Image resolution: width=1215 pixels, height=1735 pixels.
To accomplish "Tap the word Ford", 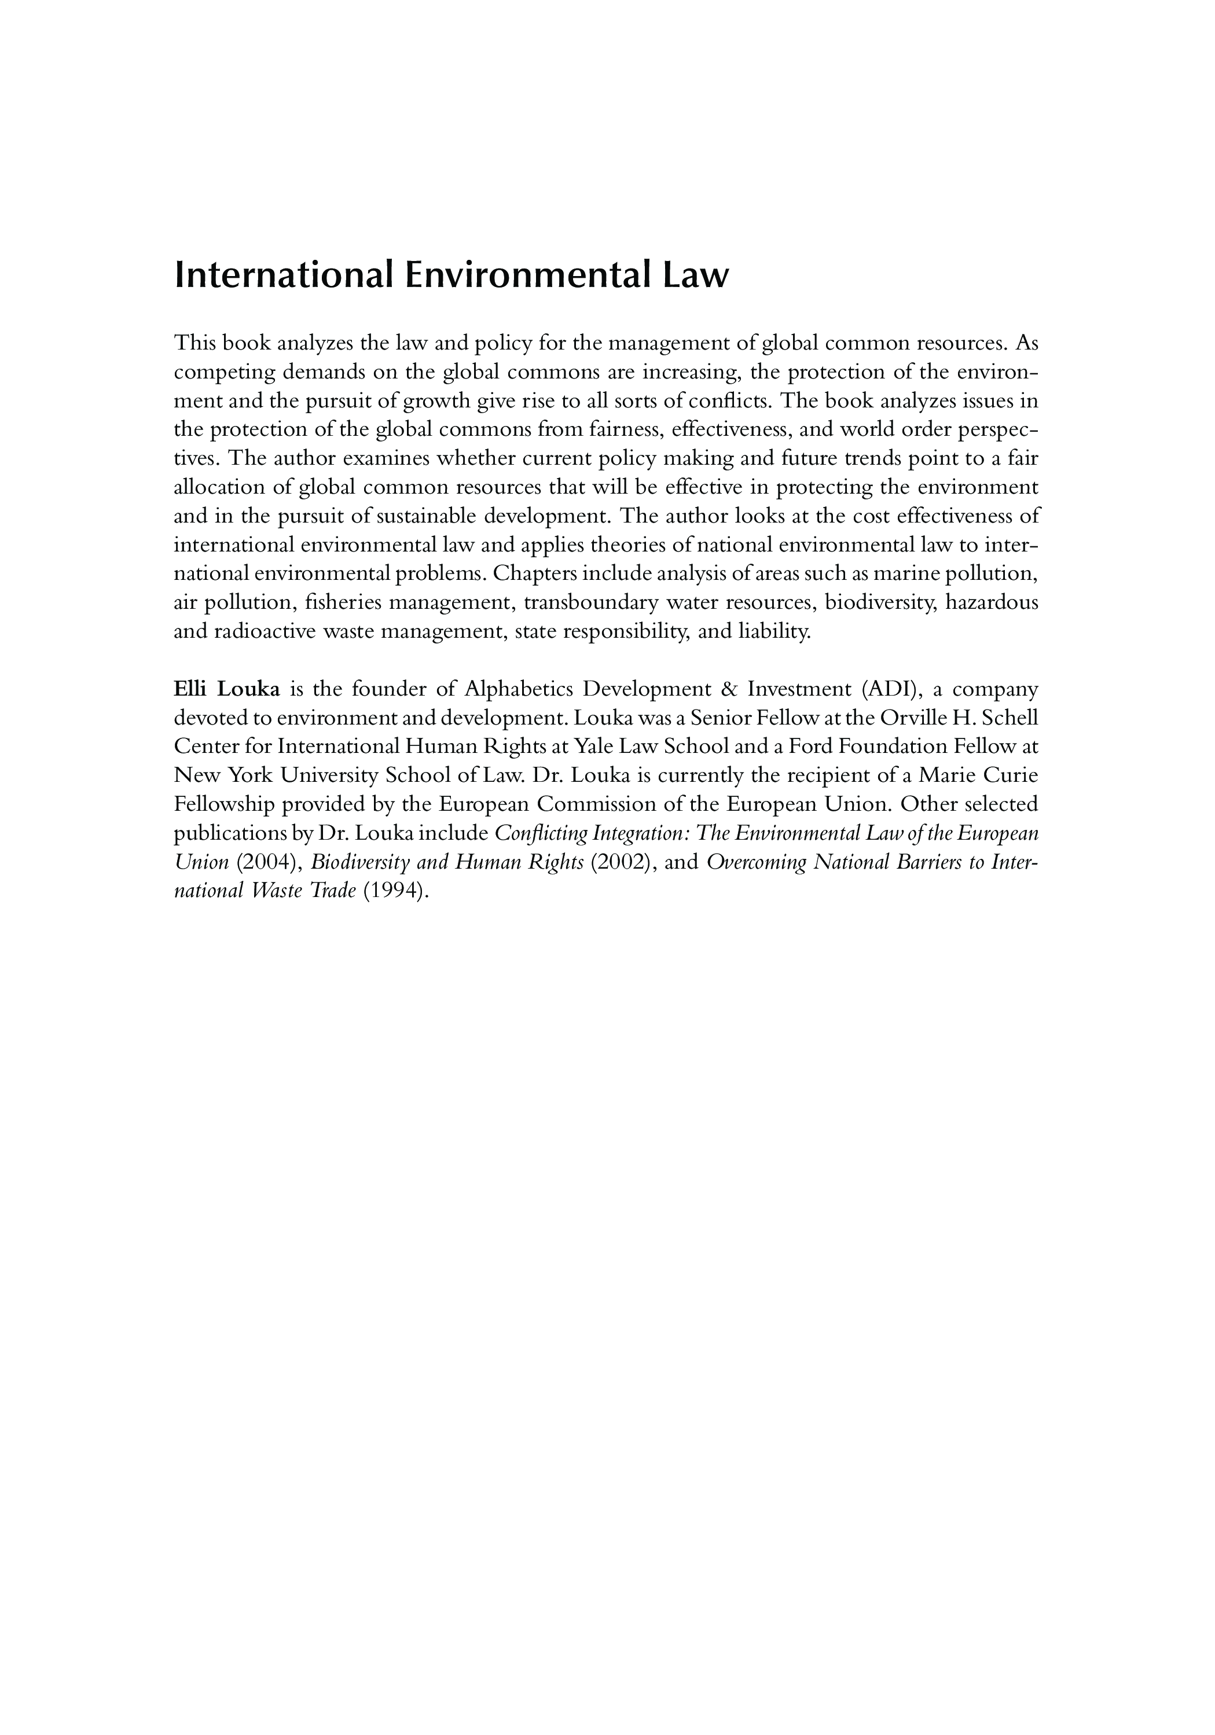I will [790, 747].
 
